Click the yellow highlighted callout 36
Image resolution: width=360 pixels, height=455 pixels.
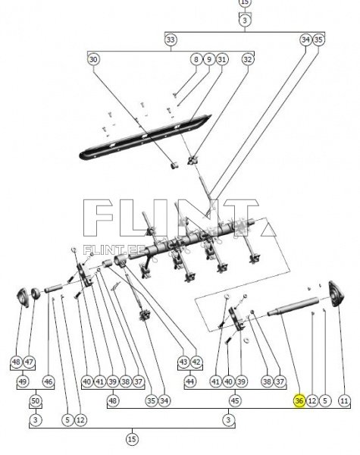299,400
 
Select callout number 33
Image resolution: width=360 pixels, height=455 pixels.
171,39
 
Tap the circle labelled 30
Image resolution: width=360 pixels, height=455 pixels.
93,59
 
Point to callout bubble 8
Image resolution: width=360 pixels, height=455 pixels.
196,59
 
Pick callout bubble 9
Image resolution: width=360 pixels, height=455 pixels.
209,59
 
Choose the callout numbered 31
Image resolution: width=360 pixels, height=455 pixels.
222,59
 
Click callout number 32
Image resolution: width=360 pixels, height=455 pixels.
247,59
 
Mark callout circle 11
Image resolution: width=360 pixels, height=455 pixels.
344,400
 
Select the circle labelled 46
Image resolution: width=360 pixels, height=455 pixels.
49,381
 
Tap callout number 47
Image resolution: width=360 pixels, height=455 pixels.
29,362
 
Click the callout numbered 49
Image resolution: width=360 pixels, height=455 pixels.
23,381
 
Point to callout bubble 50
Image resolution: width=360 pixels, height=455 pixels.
36,400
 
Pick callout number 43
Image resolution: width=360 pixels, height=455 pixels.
183,362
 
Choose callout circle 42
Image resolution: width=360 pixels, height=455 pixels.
196,362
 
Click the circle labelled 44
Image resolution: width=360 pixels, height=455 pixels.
189,381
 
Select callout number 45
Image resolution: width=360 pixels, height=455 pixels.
235,400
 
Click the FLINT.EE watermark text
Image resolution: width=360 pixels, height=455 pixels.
114,249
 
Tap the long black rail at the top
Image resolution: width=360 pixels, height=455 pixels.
145,137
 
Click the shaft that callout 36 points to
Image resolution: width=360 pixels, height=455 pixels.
293,306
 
